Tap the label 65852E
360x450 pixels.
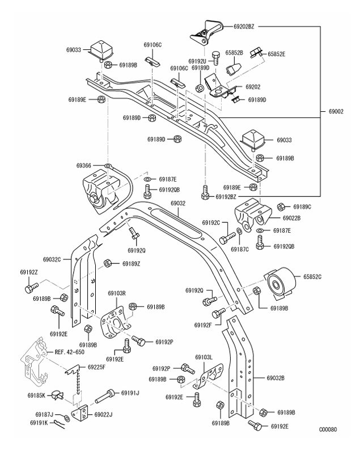click(x=276, y=54)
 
